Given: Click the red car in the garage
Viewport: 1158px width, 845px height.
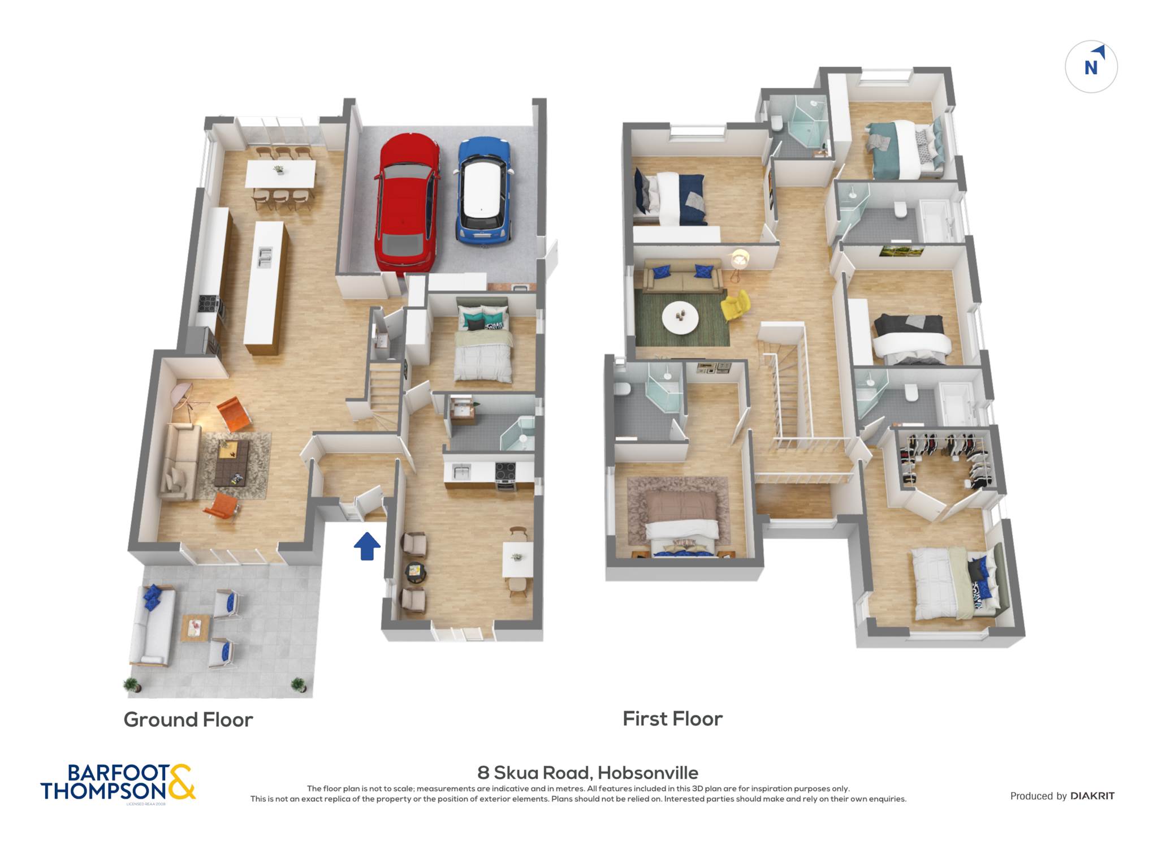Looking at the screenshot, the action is [x=407, y=204].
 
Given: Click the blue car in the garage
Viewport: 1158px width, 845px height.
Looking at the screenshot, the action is [x=484, y=191].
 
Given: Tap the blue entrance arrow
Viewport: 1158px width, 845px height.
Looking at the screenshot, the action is [x=367, y=546].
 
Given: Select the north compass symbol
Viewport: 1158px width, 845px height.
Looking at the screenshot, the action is [x=1091, y=67].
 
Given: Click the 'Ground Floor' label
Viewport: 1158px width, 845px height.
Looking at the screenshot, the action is [x=188, y=719].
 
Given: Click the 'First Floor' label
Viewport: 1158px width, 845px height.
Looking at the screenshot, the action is [x=672, y=718].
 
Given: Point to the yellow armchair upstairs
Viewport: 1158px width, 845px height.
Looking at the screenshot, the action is [x=736, y=305].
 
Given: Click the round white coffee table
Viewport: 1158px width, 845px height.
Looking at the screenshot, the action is [x=680, y=318].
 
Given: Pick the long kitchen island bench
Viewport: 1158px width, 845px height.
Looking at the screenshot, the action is [x=265, y=287].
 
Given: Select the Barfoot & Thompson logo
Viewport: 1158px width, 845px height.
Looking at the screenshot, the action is [x=118, y=782].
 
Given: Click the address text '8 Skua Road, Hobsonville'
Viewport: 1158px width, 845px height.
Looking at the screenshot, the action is [x=587, y=772].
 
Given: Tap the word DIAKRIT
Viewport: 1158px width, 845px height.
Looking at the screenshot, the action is [x=1092, y=796].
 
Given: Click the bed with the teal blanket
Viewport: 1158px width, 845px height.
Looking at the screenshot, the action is [x=905, y=149].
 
